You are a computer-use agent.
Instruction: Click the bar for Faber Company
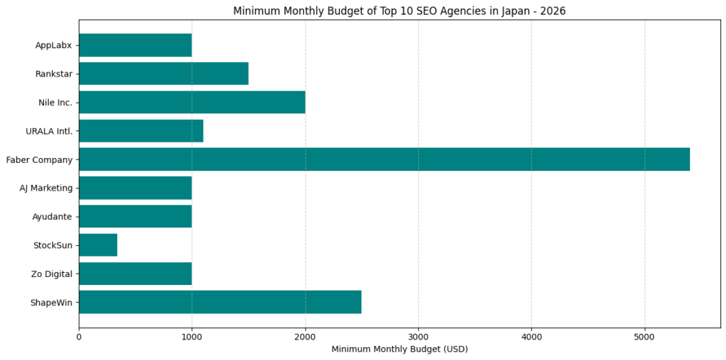click(x=384, y=159)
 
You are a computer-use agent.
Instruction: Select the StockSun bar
click(x=98, y=245)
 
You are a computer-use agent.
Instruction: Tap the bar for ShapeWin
click(x=220, y=302)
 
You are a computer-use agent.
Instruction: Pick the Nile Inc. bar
click(x=191, y=102)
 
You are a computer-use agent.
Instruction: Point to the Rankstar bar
click(x=163, y=74)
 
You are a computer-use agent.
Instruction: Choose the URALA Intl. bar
click(x=140, y=131)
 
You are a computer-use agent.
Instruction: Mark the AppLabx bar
click(x=135, y=45)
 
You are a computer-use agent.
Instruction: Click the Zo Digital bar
click(x=135, y=274)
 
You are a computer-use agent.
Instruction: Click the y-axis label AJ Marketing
click(x=46, y=188)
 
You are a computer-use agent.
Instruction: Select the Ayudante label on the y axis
click(x=52, y=217)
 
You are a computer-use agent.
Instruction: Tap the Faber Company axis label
click(x=39, y=160)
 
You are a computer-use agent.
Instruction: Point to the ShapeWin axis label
click(x=51, y=303)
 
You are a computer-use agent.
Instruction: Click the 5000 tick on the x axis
click(x=644, y=337)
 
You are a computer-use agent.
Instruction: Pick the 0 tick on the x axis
click(x=79, y=337)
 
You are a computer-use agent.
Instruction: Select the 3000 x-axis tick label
click(x=418, y=337)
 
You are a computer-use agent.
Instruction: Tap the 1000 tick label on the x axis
click(x=191, y=337)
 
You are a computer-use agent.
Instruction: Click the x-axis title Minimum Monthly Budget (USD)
click(x=399, y=349)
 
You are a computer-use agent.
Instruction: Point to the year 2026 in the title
click(x=553, y=11)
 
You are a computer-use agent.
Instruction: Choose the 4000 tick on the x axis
click(x=532, y=337)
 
